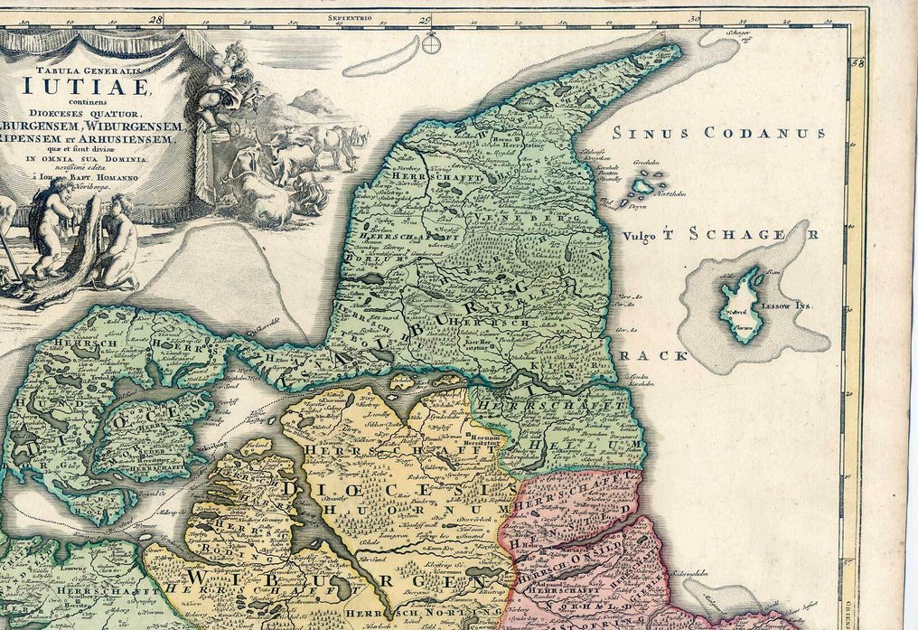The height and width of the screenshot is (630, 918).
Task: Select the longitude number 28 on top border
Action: tap(156, 18)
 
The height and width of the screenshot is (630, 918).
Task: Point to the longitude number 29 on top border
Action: tap(425, 18)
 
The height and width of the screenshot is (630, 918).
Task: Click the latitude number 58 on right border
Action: tap(858, 63)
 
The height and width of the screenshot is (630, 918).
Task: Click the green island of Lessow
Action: tap(742, 303)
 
